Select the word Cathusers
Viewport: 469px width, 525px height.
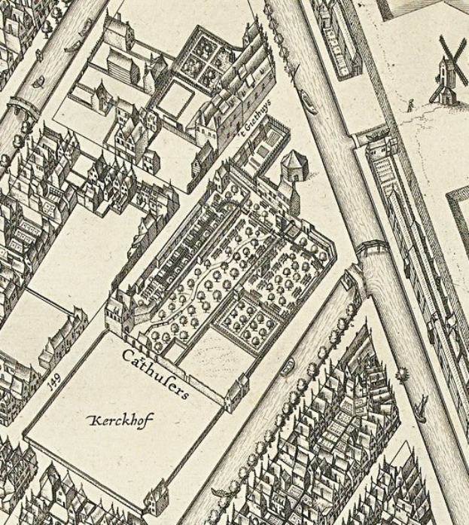[156, 370]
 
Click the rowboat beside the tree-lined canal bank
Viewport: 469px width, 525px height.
[287, 369]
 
